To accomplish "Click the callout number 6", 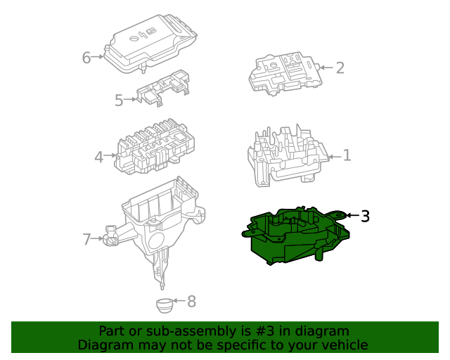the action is (86, 58).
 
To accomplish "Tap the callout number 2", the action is (340, 67).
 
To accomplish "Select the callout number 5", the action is (119, 101).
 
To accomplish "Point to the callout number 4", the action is (99, 157).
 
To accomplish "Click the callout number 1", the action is (347, 155).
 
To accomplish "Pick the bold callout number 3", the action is (365, 216).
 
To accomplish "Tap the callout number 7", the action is (86, 239).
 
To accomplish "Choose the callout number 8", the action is (192, 302).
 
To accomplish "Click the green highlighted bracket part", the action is (295, 236).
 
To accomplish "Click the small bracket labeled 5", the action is (163, 88).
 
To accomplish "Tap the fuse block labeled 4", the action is (155, 146).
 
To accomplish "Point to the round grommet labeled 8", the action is (165, 305).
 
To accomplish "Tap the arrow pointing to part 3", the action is (353, 215).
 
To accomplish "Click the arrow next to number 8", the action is (179, 300).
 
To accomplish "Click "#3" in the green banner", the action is (264, 331).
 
